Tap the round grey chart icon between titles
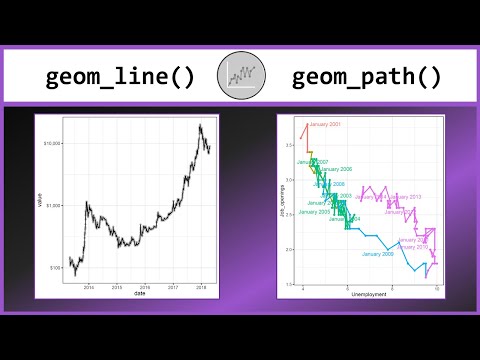pyautogui.click(x=240, y=74)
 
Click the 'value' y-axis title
pyautogui.click(x=39, y=204)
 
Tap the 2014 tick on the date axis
pyautogui.click(x=89, y=286)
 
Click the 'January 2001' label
pyautogui.click(x=325, y=124)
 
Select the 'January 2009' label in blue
pyautogui.click(x=378, y=254)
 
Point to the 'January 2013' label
pyautogui.click(x=403, y=197)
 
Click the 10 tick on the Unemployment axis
pyautogui.click(x=437, y=288)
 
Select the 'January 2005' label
pyautogui.click(x=314, y=212)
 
